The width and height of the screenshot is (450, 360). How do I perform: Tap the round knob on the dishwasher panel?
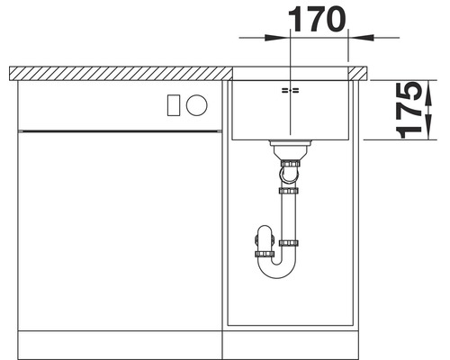pos(197,104)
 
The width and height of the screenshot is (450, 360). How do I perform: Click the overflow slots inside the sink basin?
pos(290,92)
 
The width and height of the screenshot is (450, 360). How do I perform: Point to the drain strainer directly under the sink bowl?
pos(290,146)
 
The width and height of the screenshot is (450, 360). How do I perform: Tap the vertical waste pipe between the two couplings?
pos(290,216)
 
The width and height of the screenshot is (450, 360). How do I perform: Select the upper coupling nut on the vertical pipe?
pos(290,191)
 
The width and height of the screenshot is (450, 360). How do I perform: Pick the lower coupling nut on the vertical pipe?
pos(290,243)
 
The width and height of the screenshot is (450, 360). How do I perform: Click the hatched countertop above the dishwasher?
pos(117,72)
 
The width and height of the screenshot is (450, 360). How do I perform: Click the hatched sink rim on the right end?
pos(357,71)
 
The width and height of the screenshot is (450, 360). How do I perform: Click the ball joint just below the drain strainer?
pos(290,164)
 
